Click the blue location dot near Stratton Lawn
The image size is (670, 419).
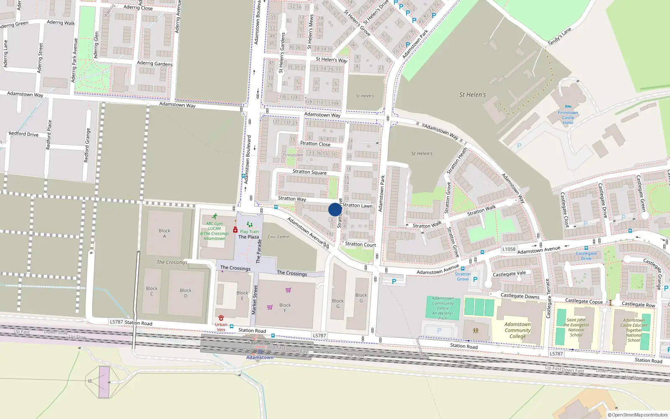tap(335, 209)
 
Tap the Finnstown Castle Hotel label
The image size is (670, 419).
tap(568, 118)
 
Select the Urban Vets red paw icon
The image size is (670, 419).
tap(221, 318)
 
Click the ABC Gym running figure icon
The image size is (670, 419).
tap(215, 217)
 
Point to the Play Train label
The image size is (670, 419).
tap(250, 232)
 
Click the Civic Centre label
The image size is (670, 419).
tap(278, 237)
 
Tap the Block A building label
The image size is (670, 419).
tap(165, 233)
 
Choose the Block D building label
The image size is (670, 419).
tap(186, 293)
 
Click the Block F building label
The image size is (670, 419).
tap(285, 308)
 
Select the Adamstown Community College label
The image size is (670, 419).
tap(518, 330)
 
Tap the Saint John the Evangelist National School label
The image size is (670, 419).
tap(576, 327)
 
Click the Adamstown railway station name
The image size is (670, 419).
tap(260, 357)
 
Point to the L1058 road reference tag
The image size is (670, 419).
tap(509, 249)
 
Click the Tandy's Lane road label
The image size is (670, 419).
tap(559, 36)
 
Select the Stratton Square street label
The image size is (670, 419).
tap(309, 172)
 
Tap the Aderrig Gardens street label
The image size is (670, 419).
tap(155, 64)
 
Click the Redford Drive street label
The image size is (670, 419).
tap(23, 134)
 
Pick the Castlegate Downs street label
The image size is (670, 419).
tap(520, 296)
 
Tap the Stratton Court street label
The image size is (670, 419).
tap(361, 244)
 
